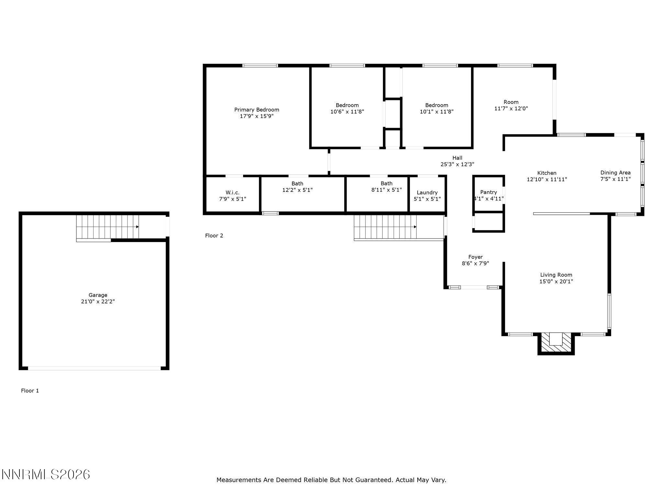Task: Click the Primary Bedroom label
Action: coord(256,110)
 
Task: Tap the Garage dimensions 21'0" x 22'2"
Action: coord(98,302)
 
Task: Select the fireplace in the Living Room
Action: coord(556,343)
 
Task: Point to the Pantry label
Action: coord(488,192)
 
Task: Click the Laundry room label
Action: coord(427,193)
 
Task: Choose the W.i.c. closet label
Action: coord(232,193)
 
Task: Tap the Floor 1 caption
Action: coord(30,391)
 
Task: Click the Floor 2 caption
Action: coord(214,236)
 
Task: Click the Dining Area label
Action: coord(615,172)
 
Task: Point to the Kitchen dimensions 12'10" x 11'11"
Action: coord(547,179)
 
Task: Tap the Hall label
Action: coord(457,158)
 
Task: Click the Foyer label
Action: coord(475,257)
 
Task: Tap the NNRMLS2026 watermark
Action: coord(46,475)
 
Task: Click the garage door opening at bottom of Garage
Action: coord(94,368)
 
